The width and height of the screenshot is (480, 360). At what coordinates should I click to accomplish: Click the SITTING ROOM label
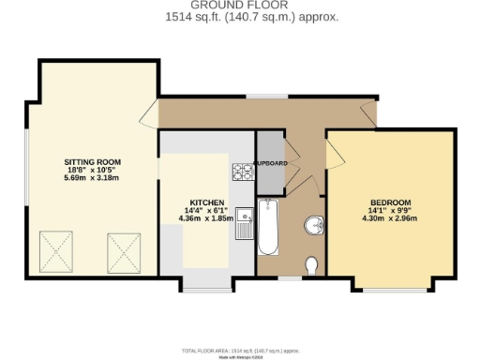coord(92,162)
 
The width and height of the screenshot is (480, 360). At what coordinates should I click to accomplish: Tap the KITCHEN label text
coord(206,202)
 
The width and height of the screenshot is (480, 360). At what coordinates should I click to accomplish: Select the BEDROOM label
coord(390,203)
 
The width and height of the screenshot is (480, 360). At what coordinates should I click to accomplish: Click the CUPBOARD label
coord(271,164)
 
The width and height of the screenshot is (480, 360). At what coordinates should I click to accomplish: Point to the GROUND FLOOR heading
coord(239,5)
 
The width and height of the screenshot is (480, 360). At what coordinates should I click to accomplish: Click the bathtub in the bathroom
coord(267,228)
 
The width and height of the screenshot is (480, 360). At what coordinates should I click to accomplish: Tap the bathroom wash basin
coord(314,225)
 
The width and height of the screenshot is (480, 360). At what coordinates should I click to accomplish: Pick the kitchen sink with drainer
coord(244,224)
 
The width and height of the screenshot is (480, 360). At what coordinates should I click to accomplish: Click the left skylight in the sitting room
coord(55,250)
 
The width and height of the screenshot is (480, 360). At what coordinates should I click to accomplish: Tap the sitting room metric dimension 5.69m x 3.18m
coord(92,178)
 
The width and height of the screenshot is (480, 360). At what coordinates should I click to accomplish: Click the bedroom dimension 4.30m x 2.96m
coord(390,219)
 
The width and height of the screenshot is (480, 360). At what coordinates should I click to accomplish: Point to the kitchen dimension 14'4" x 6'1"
coord(206,211)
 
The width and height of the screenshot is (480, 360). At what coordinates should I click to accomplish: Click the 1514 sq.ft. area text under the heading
coord(239,17)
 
